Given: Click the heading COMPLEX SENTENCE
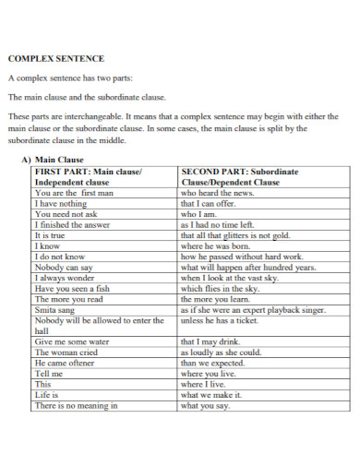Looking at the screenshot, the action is pos(55,58).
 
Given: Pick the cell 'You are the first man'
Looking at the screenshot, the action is pos(73,194).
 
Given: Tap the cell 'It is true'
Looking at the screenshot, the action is pos(53,235).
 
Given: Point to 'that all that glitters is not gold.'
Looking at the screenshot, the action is pos(235,235).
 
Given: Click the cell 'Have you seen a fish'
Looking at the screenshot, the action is pos(71,288).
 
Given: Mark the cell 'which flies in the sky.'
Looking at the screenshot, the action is pos(220,288).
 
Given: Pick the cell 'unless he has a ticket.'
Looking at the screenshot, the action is pos(220,320).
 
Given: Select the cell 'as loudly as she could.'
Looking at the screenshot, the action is pos(221,352).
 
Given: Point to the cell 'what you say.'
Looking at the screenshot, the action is pos(205,405).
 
